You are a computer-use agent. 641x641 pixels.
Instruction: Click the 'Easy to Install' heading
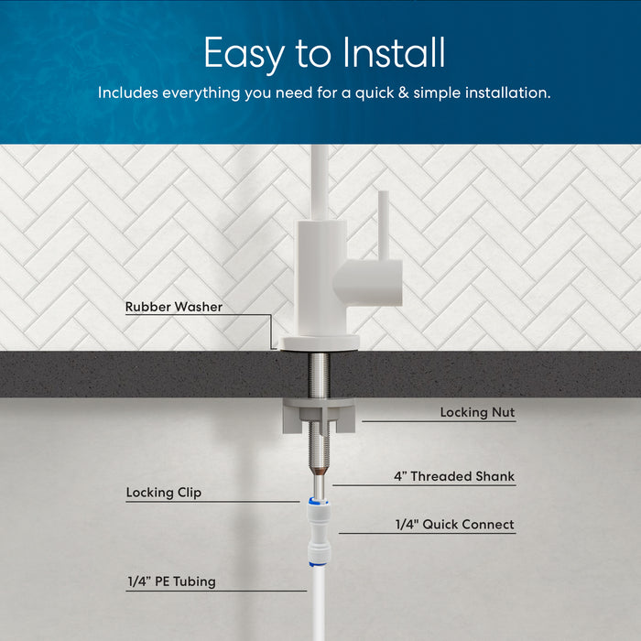(324, 53)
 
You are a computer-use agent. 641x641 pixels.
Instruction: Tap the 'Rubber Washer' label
(174, 308)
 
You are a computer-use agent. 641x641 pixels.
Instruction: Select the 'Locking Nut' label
(477, 413)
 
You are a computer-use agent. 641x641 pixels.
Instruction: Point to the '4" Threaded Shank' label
(454, 477)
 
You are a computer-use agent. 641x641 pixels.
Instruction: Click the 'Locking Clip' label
(164, 494)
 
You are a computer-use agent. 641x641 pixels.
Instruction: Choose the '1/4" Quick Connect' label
(454, 526)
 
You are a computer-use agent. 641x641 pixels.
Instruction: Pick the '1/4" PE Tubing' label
(172, 581)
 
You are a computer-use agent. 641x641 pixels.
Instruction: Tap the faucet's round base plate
(320, 342)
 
